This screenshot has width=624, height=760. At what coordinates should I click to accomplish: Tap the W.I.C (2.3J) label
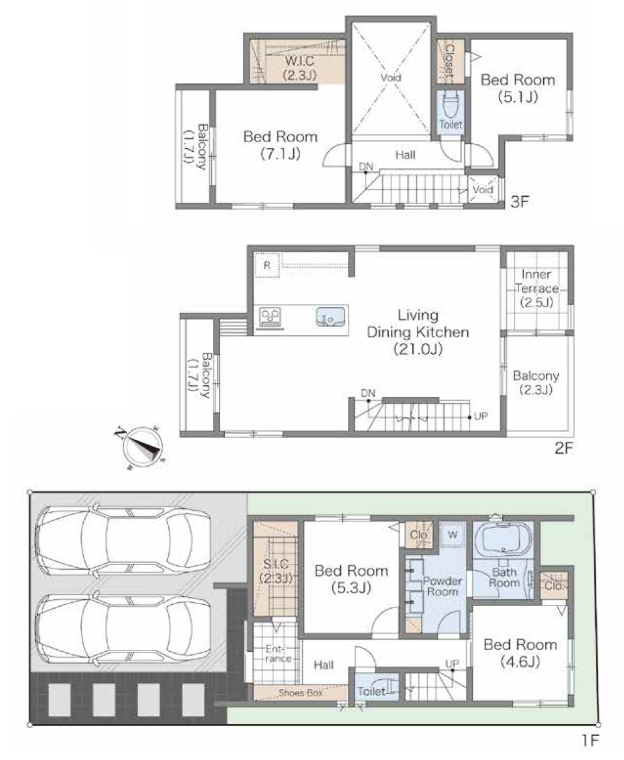(300, 68)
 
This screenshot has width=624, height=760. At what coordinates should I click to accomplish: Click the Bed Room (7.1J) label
(281, 145)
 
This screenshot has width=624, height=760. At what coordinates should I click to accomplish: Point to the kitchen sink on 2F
(332, 317)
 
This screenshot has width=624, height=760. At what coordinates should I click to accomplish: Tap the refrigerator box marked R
(267, 265)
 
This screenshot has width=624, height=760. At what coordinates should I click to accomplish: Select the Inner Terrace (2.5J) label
(536, 288)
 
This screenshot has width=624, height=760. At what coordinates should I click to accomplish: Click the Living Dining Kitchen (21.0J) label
(418, 332)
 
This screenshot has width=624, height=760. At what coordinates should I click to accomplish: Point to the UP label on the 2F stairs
(481, 417)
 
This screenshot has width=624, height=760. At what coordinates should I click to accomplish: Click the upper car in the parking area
(123, 541)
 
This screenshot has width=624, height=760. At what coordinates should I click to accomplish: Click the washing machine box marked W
(453, 534)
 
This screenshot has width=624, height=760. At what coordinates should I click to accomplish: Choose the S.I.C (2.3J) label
(276, 571)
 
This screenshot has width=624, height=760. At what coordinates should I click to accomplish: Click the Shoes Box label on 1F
(301, 693)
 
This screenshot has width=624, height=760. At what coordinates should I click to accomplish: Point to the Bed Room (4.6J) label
(520, 653)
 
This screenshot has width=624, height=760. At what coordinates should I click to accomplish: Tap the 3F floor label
(519, 201)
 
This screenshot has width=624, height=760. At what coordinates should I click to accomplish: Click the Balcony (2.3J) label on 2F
(536, 383)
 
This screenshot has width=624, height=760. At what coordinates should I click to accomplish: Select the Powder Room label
(442, 586)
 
